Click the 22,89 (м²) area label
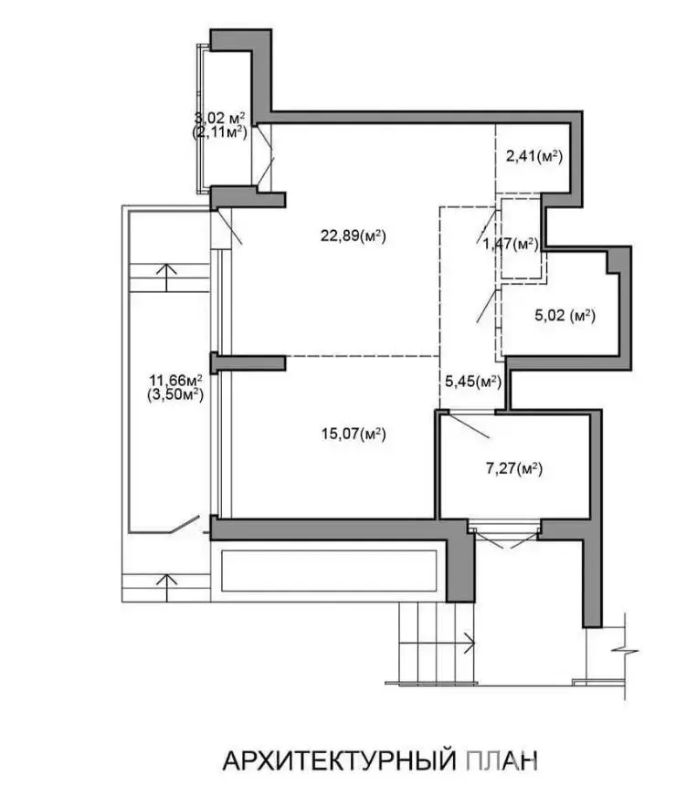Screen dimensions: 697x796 354,236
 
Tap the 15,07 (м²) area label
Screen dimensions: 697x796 354,434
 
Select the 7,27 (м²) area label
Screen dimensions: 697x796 514,468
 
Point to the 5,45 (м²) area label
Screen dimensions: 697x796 473,382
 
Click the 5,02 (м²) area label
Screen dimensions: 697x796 565,315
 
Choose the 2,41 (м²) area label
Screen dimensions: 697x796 533,156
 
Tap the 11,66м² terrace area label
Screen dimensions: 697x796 175,380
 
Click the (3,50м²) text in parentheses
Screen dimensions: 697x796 175,394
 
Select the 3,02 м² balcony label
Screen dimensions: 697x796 219,119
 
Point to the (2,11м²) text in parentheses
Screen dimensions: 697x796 219,133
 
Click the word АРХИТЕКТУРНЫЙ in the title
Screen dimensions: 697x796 339,761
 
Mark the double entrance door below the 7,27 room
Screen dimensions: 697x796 504,539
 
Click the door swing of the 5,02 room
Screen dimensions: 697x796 486,306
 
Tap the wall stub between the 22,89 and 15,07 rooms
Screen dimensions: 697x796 248,363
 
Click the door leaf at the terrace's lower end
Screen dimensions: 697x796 184,524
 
